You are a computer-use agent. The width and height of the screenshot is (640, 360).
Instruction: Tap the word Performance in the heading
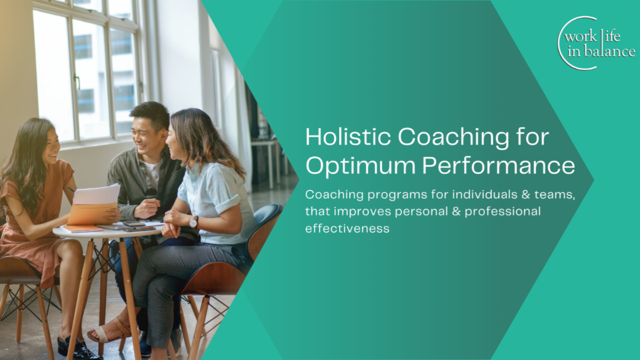click(499, 165)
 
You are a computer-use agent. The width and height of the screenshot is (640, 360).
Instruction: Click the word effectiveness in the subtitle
click(347, 228)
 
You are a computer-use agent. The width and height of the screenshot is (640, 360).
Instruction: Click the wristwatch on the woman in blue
click(194, 221)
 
